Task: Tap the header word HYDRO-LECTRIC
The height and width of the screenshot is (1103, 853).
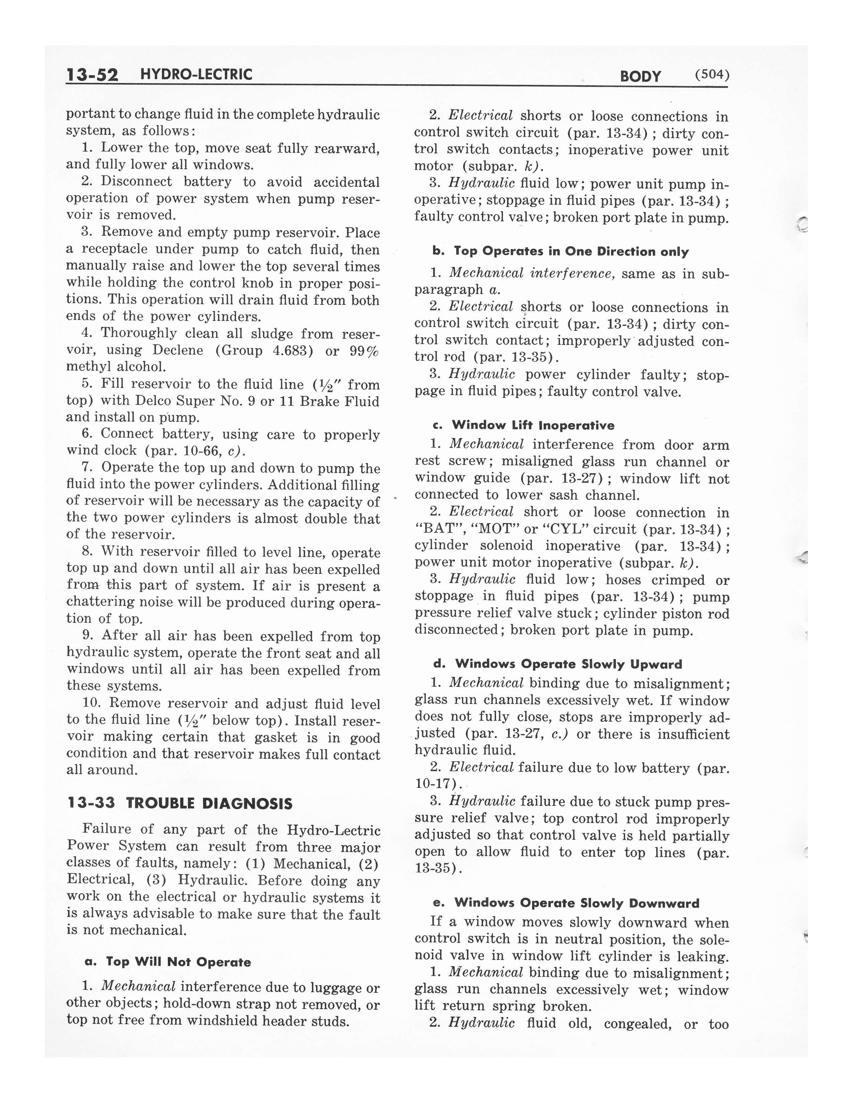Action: pyautogui.click(x=196, y=75)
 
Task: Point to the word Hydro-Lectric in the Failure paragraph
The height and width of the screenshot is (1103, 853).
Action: pyautogui.click(x=334, y=830)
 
